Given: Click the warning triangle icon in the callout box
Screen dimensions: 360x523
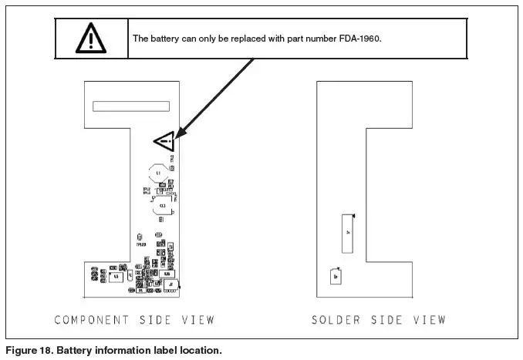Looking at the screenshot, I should (x=91, y=39).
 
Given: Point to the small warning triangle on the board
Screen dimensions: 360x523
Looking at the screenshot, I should (x=165, y=140).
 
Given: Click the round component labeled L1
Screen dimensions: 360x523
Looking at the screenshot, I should (x=159, y=173).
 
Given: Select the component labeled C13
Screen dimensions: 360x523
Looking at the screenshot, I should (x=163, y=207).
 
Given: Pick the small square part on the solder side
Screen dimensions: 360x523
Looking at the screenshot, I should (x=336, y=275).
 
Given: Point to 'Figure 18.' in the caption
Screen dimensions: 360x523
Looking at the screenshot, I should (x=26, y=350).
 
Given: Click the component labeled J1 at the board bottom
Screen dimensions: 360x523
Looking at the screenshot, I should (x=170, y=285).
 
